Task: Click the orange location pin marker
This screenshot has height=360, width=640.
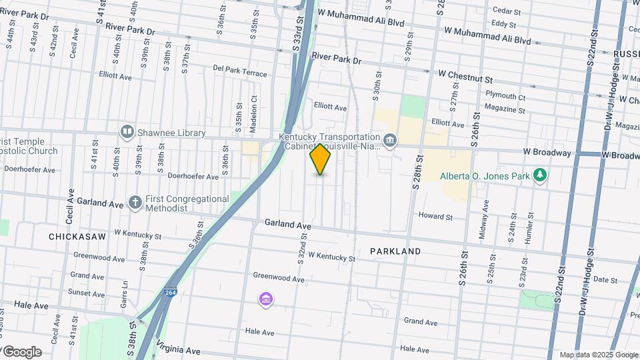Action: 320,159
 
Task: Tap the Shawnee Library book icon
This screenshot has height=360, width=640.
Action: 127,132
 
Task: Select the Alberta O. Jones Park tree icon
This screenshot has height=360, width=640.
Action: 541,176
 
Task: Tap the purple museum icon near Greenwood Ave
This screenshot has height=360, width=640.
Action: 266,300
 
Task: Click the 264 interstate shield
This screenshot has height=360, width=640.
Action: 171,293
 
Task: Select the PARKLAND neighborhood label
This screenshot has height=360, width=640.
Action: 395,251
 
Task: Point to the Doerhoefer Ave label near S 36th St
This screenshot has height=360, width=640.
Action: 193,177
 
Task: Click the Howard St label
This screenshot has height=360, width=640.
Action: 435,217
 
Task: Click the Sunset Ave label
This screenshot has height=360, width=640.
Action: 87,293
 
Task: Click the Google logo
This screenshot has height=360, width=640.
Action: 21,352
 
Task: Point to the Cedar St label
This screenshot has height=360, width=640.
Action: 506,11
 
